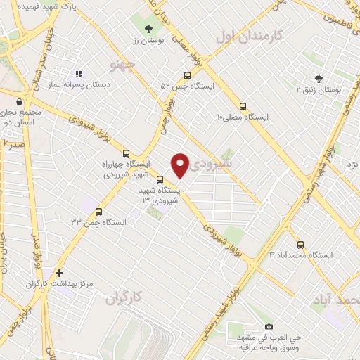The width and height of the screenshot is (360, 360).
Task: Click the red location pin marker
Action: click(181, 165)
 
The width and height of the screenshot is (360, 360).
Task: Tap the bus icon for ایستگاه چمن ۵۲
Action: click(187, 75)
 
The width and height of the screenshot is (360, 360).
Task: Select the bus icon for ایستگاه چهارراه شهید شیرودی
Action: click(127, 153)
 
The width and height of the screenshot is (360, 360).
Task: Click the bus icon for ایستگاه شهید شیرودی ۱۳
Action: click(160, 179)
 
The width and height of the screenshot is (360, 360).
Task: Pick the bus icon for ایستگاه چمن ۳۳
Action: click(98, 211)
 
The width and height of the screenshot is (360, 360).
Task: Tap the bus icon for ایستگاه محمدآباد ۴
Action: click(301, 245)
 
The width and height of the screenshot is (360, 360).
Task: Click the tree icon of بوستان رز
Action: click(148, 29)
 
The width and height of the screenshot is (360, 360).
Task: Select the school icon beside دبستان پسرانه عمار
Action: click(79, 74)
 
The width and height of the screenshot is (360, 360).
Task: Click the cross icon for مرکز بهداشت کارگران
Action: click(59, 273)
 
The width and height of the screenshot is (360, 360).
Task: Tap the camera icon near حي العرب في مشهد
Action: click(269, 327)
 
